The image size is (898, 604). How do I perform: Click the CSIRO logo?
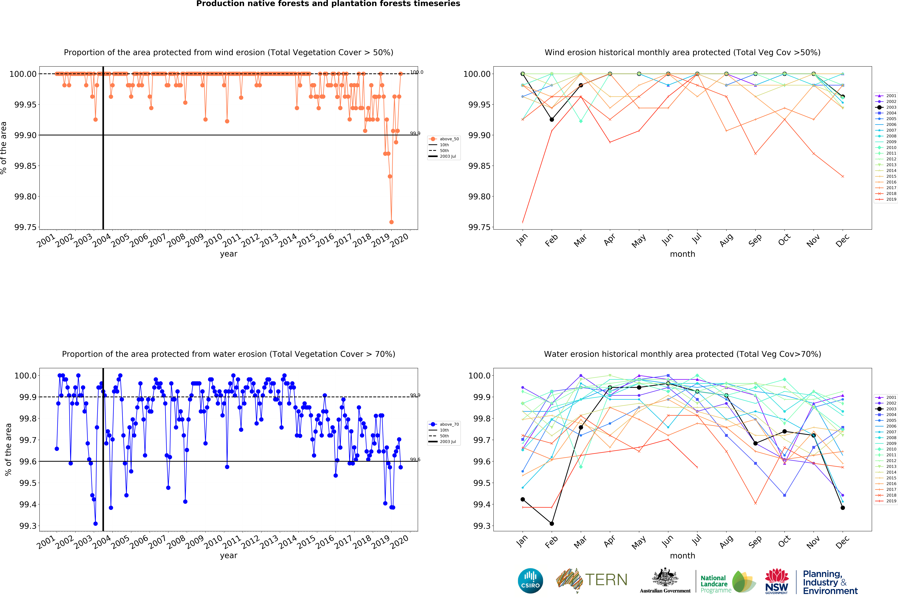pos(530,581)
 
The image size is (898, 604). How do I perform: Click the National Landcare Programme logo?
pos(727,582)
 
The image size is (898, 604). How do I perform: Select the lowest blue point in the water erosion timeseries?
pos(95,524)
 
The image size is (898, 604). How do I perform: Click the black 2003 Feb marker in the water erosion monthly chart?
pos(552,524)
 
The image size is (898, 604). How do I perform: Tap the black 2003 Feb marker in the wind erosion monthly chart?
pos(552,120)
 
